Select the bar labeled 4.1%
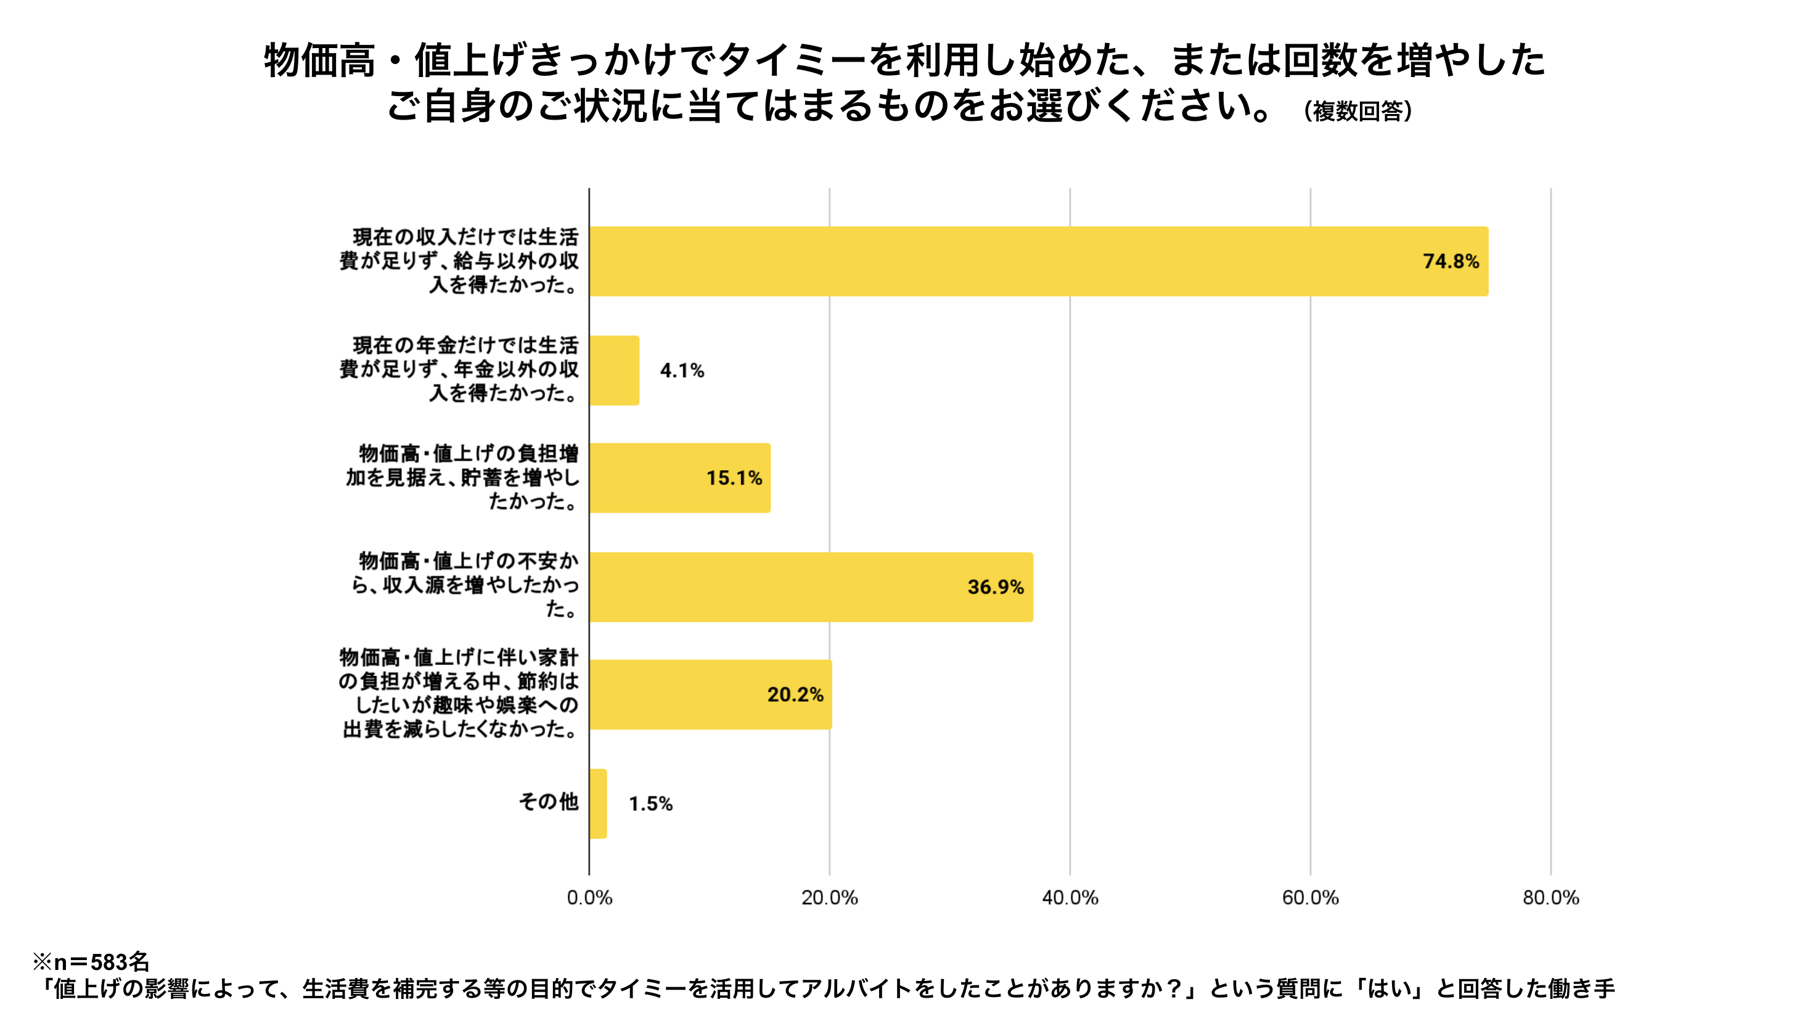coord(614,370)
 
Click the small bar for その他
coord(598,803)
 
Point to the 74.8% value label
coord(1450,261)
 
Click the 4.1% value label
coord(682,370)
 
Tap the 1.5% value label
coord(650,804)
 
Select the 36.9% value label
coord(995,587)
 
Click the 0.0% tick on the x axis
coord(589,897)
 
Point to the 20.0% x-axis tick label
coord(829,897)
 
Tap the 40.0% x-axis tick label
coord(1070,897)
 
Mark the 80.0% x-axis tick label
coord(1550,897)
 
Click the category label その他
coord(548,802)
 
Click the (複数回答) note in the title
coord(1357,111)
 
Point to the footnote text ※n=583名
coord(91,961)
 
